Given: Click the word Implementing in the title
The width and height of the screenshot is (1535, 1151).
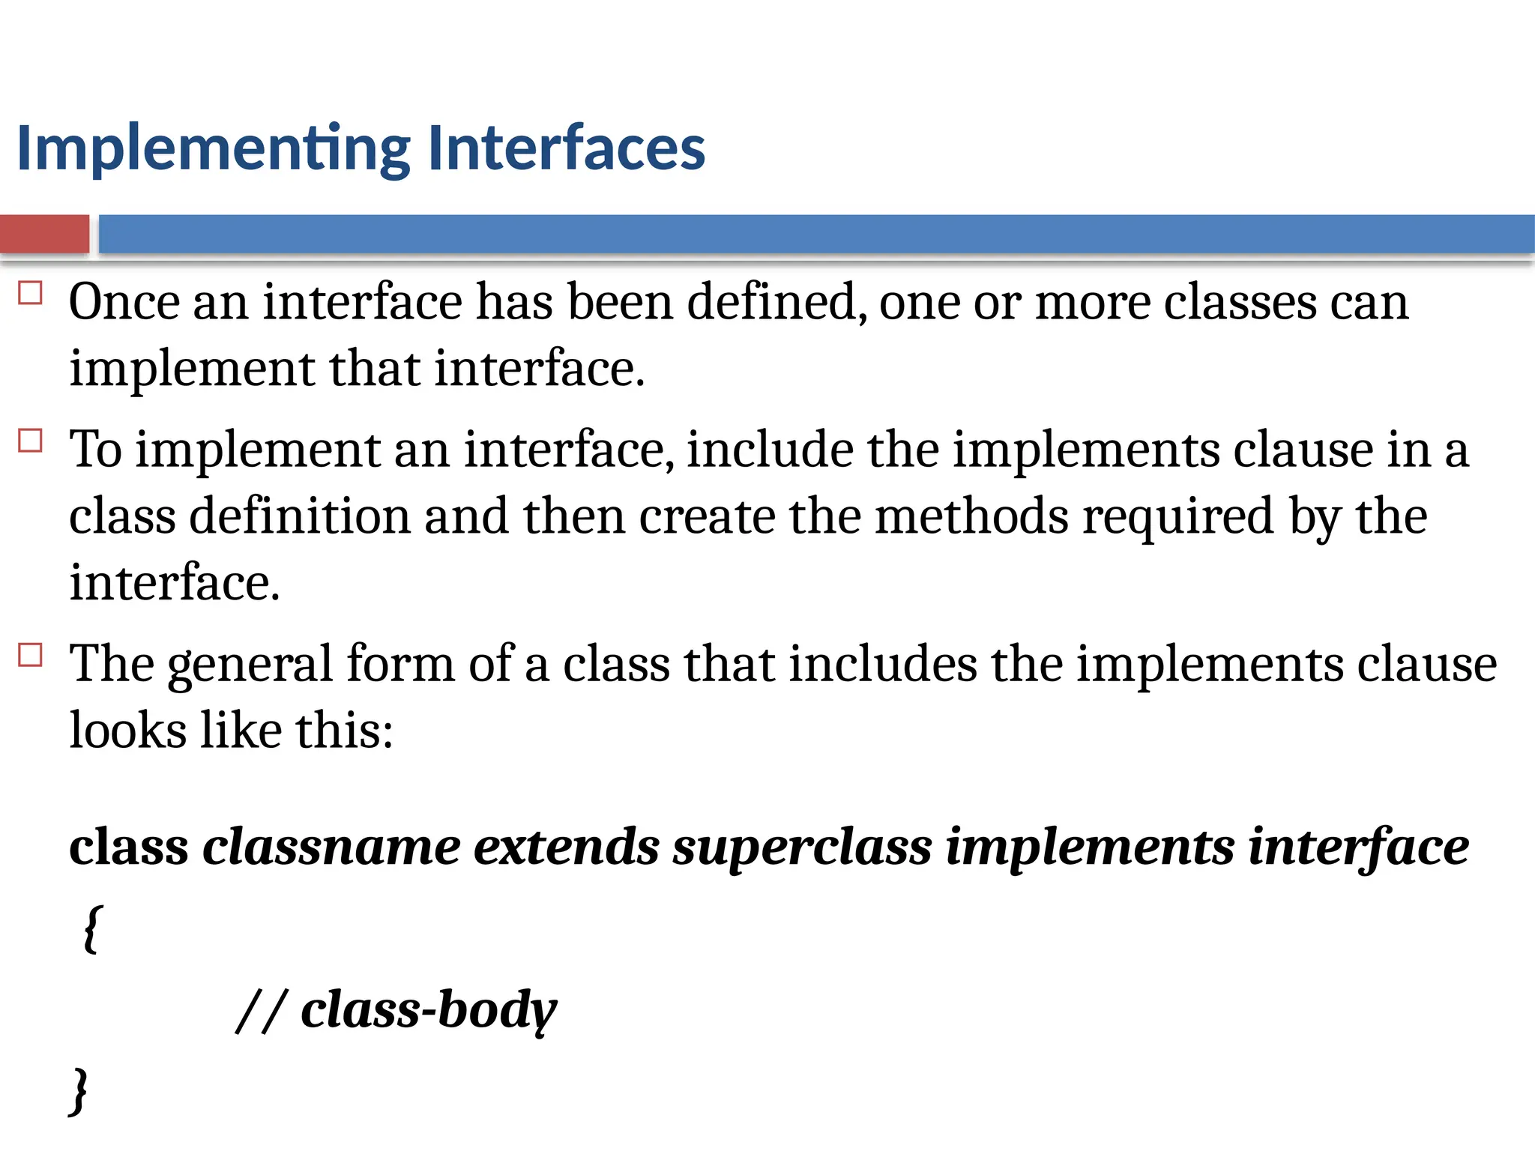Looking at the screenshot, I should point(213,148).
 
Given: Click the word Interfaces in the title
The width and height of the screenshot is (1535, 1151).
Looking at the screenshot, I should point(566,148).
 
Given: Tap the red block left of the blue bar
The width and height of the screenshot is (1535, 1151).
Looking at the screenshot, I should point(44,234).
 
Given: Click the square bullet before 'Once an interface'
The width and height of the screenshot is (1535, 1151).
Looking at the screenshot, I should point(30,293).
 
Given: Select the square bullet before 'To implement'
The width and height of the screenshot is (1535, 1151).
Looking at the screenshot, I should point(30,441).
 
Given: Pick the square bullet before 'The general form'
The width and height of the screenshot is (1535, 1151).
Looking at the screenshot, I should point(30,656).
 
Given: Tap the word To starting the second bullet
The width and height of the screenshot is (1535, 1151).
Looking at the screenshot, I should point(96,450).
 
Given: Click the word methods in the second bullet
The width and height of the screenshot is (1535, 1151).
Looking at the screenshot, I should point(971,516).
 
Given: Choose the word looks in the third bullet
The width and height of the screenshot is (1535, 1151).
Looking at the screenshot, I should point(127,731).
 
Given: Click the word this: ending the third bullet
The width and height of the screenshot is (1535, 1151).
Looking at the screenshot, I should point(344,731).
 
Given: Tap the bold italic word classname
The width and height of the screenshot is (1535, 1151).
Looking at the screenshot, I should point(331,848).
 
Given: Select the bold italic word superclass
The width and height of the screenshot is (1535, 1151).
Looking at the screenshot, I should point(802,849).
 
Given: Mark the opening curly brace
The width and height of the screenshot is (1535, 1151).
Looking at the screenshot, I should point(91,929).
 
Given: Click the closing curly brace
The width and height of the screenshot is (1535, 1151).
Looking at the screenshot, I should point(79,1091).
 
